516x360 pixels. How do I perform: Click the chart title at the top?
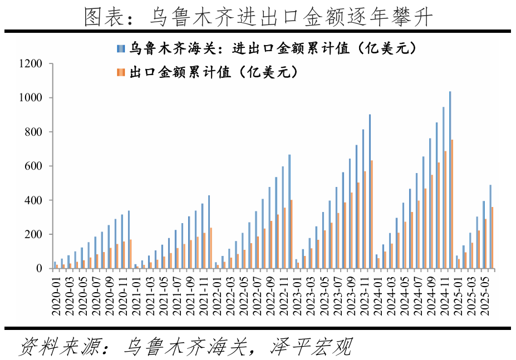tap(258, 17)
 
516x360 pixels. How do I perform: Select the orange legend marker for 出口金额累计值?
tap(120, 72)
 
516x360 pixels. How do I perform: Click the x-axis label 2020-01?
tap(56, 295)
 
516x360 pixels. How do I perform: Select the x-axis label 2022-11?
tap(288, 295)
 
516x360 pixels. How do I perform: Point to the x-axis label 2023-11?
tap(370, 295)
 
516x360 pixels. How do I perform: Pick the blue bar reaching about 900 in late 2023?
tap(370, 191)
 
